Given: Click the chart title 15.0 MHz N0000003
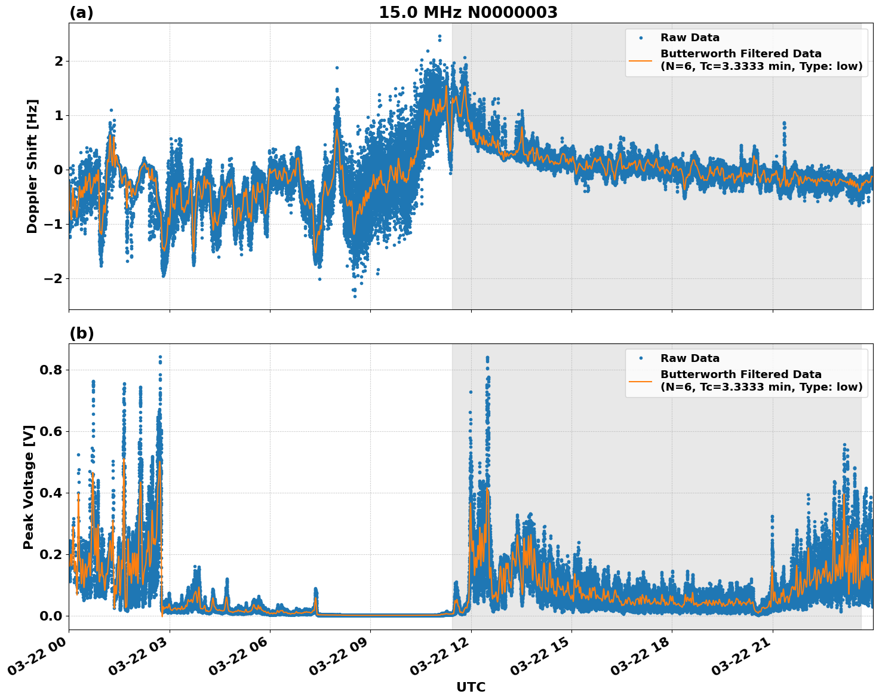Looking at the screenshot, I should pos(468,13).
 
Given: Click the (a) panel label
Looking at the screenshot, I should pos(81,13).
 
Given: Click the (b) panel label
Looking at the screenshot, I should pos(81,333).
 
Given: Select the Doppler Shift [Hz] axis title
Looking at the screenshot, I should pos(32,166).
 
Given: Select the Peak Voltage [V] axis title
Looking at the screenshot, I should pos(29,487).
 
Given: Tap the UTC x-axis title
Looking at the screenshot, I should pos(471,687).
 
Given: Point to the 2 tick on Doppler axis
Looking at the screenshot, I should pos(59,61).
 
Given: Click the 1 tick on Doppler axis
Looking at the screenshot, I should pos(59,115).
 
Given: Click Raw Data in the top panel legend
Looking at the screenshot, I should pos(690,38).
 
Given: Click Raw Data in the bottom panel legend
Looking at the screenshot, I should pos(690,358).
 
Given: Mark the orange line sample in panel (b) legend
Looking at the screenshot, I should pos(641,381).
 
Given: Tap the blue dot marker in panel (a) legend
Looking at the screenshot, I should pos(641,38).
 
